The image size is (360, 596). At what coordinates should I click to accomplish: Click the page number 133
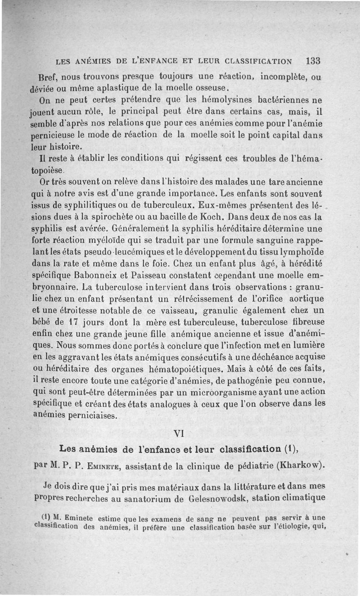[312, 60]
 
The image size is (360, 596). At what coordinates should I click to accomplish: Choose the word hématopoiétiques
[187, 369]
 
